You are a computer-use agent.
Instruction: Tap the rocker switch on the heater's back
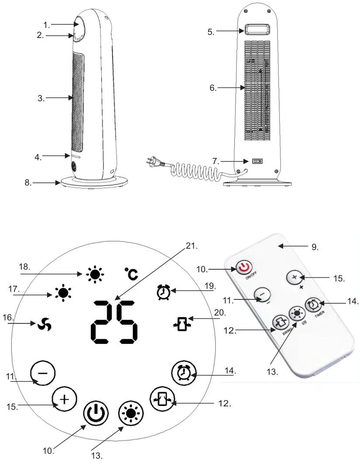257,161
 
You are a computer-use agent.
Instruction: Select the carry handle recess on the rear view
257,31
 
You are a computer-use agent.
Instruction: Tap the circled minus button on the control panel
43,373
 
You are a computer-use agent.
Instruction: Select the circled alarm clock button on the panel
182,373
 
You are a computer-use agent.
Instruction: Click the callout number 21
192,246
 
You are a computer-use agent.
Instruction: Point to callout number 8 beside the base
27,183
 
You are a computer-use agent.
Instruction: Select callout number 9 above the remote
315,247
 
